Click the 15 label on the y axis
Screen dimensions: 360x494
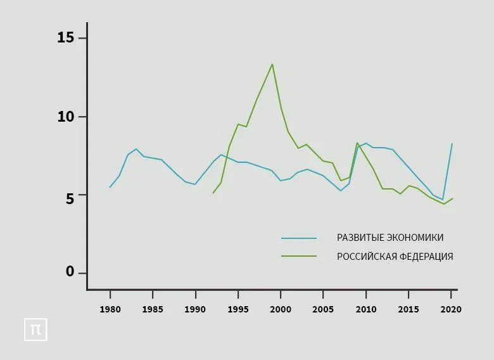click(x=65, y=38)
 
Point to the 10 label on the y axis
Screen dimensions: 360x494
click(x=65, y=117)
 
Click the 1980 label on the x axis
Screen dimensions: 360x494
click(x=110, y=309)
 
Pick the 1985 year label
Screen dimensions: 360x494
click(x=153, y=309)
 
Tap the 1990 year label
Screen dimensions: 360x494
click(x=195, y=309)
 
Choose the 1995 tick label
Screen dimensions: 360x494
click(x=237, y=309)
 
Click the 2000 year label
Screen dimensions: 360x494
click(x=281, y=309)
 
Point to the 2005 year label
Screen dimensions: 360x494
click(x=323, y=309)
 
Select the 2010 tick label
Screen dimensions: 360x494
click(x=365, y=309)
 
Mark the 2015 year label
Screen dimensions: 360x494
click(x=408, y=309)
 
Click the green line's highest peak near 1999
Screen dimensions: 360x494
click(x=272, y=64)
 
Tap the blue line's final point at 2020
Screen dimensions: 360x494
click(x=452, y=143)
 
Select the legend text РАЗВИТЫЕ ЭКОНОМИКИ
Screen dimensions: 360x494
click(x=390, y=238)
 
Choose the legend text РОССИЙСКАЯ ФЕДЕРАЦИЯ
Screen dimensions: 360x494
click(x=395, y=257)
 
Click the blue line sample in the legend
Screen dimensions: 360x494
click(x=299, y=238)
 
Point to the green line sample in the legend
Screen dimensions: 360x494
click(x=299, y=256)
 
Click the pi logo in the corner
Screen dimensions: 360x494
click(x=35, y=330)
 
